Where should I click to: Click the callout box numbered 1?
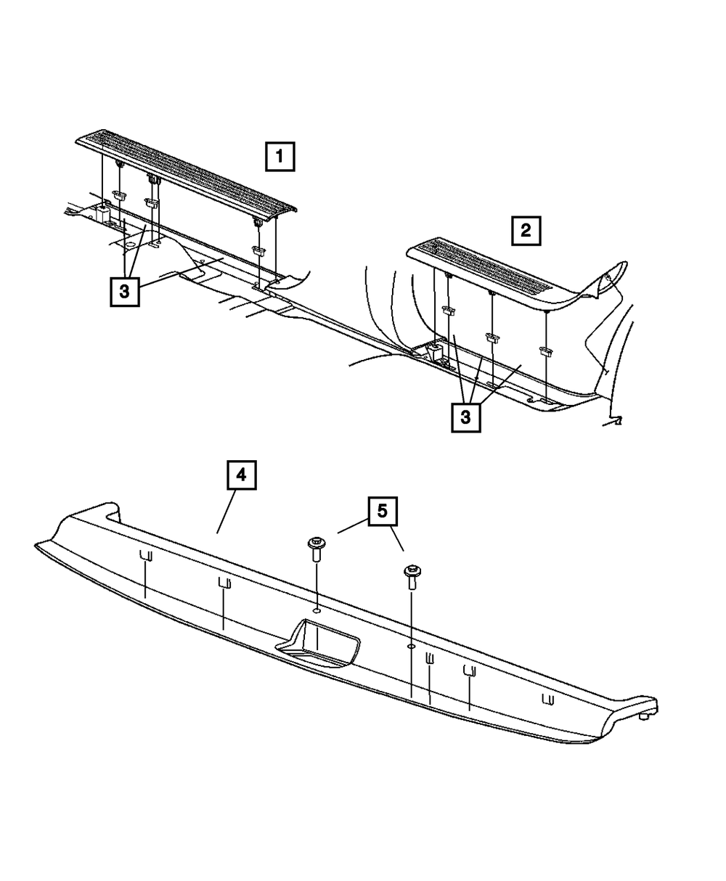pyautogui.click(x=280, y=157)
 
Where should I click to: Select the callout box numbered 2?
pyautogui.click(x=526, y=231)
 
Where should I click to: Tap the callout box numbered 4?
pyautogui.click(x=242, y=475)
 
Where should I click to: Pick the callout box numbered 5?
pyautogui.click(x=383, y=511)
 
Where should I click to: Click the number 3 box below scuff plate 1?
pyautogui.click(x=125, y=291)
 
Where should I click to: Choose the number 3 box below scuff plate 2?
pyautogui.click(x=466, y=417)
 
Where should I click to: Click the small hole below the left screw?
pyautogui.click(x=317, y=610)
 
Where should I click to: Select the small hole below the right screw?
pyautogui.click(x=412, y=646)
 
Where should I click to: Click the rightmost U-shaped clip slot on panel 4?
pyautogui.click(x=548, y=699)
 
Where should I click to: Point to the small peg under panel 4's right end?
pyautogui.click(x=644, y=716)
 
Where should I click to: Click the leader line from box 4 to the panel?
pyautogui.click(x=227, y=512)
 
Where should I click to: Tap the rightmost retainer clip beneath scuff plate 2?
pyautogui.click(x=546, y=351)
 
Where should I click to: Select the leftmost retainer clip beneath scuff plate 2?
pyautogui.click(x=448, y=311)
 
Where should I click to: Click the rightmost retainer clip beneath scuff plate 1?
pyautogui.click(x=258, y=250)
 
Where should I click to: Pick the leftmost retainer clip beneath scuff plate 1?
pyautogui.click(x=120, y=195)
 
